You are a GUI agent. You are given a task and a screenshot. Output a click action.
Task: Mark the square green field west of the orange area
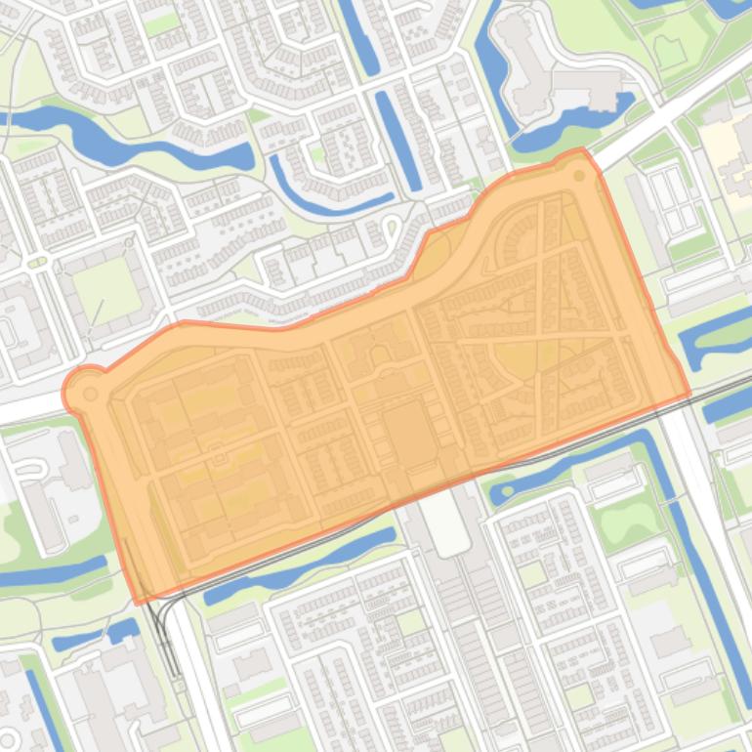click(106, 289)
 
